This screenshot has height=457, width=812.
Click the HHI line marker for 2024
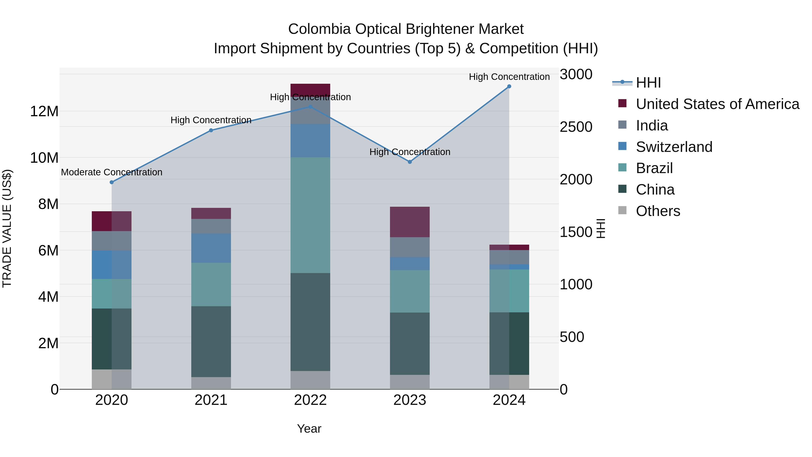[x=509, y=86]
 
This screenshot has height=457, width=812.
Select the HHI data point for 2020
[x=112, y=182]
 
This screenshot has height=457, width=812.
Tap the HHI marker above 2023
[x=410, y=162]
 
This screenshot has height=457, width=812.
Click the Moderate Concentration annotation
[x=112, y=172]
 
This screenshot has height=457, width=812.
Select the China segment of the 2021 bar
[x=211, y=342]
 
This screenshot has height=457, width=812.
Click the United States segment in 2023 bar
[x=410, y=222]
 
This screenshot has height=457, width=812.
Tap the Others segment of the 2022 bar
[x=310, y=380]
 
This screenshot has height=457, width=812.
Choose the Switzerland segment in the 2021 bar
[x=211, y=248]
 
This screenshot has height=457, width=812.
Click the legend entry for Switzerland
[x=674, y=147]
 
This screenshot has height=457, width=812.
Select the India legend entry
[x=652, y=125]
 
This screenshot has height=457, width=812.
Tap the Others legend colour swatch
[x=622, y=210]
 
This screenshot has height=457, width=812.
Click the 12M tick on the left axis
[x=44, y=111]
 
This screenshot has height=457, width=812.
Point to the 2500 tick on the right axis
[x=576, y=127]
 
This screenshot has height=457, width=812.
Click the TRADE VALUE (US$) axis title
[x=7, y=228]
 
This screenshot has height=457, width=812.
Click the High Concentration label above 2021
[x=211, y=120]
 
